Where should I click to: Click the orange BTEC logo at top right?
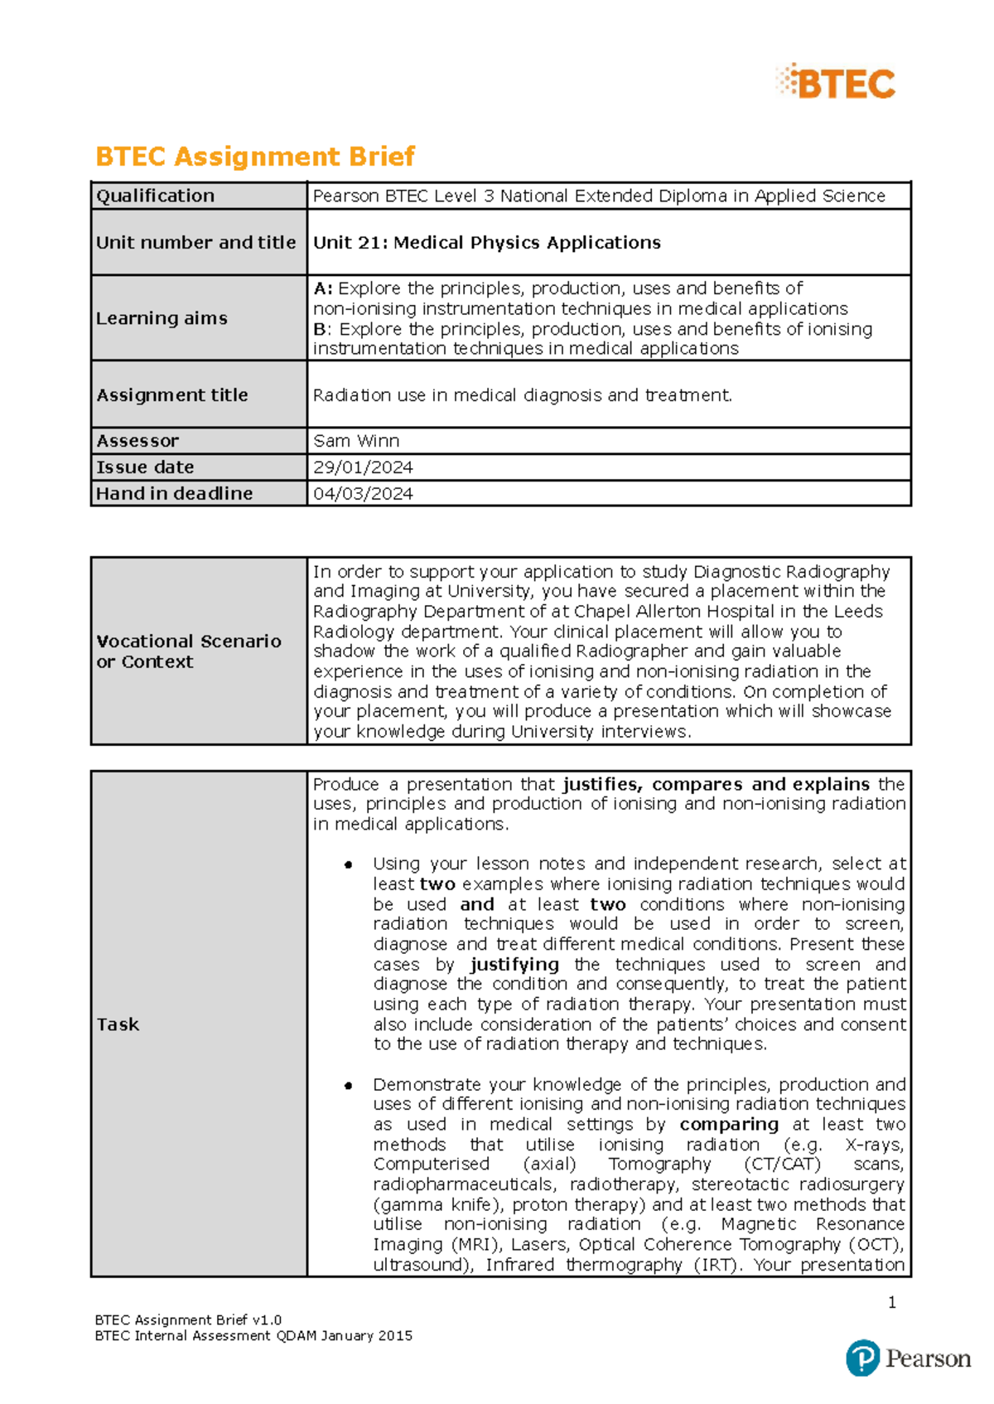(837, 83)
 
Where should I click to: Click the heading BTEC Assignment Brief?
(255, 156)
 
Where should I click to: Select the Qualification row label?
(156, 196)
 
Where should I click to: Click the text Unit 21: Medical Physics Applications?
(487, 242)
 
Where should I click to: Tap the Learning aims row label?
(162, 318)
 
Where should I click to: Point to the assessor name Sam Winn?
(356, 441)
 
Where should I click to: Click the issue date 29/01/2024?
(363, 467)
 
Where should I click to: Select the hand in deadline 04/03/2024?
(363, 494)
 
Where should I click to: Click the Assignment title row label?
(172, 395)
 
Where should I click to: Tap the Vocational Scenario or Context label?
(188, 651)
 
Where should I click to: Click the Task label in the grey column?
(118, 1024)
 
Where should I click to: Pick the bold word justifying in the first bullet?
(514, 965)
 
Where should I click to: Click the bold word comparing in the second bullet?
(729, 1125)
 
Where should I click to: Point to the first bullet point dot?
(349, 864)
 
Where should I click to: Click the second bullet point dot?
(349, 1085)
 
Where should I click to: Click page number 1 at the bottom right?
(892, 1303)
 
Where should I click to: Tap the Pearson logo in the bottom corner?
(908, 1358)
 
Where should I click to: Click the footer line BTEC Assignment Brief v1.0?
(188, 1320)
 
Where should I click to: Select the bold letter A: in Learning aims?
(323, 288)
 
